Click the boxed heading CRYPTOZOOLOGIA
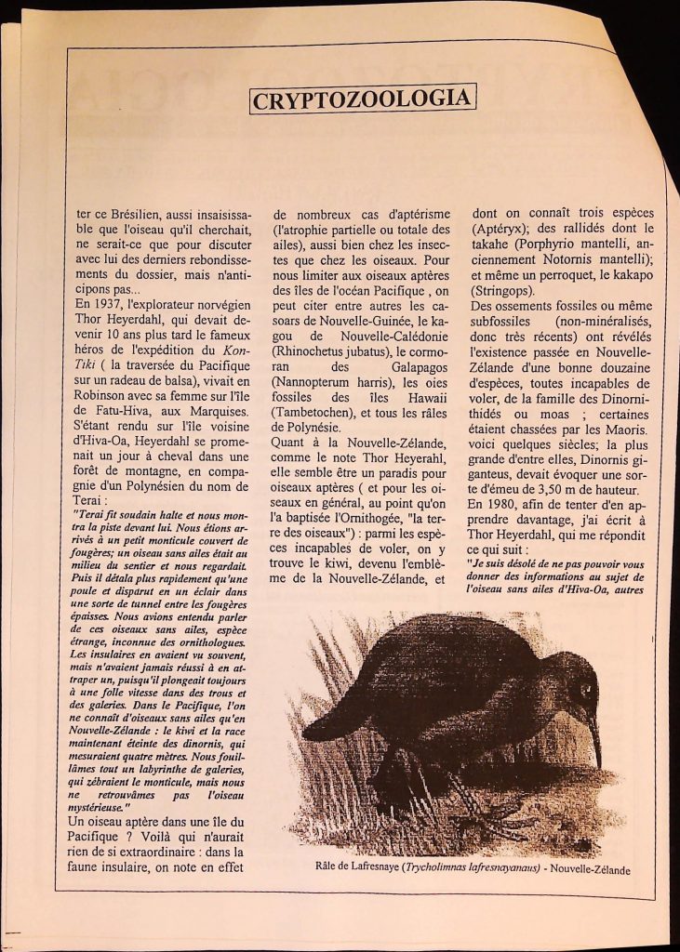363,98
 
